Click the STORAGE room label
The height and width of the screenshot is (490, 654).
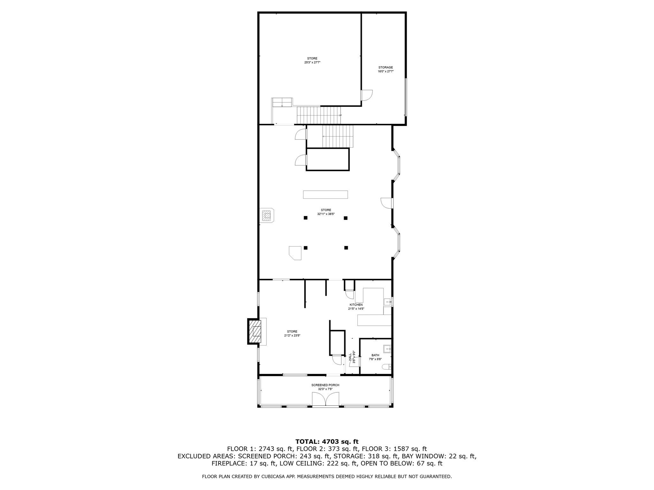(385, 67)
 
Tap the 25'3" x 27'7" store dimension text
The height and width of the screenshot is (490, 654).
(312, 63)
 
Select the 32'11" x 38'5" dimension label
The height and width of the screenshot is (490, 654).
(326, 214)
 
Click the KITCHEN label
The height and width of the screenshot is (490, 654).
(356, 305)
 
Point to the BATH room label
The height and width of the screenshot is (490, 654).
(375, 355)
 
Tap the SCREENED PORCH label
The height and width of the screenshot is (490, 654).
(325, 385)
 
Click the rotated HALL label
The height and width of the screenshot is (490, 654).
(350, 356)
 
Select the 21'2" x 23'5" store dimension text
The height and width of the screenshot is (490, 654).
(292, 335)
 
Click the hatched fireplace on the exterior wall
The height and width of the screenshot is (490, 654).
(255, 332)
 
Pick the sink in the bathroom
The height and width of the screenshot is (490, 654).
(387, 349)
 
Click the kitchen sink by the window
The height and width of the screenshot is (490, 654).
(387, 301)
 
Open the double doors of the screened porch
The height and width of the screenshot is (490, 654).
(325, 400)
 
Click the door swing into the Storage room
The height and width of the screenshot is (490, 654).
(367, 95)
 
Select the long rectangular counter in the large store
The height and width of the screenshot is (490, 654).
(325, 194)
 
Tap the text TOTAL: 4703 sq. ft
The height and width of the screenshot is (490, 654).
(327, 442)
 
